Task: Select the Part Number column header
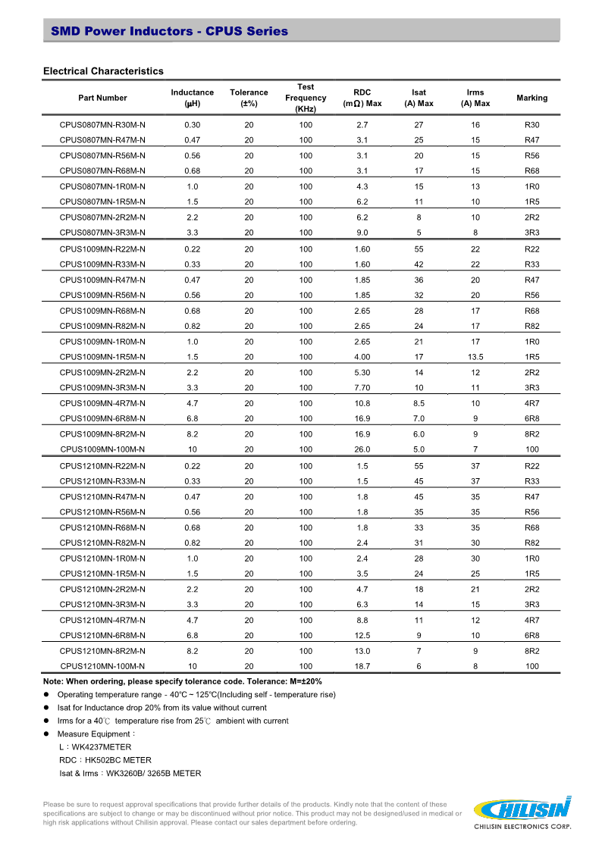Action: pos(102,98)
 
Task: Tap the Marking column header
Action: pos(531,98)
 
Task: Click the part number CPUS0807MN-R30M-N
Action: pos(102,125)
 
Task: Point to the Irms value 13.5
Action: pos(475,357)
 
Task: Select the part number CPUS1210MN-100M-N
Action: pos(102,667)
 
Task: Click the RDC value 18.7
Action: pos(362,667)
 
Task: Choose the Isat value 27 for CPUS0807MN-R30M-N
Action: pos(419,125)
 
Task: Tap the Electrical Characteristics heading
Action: pos(103,71)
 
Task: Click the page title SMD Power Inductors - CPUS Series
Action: pos(169,31)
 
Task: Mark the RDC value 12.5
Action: pos(362,636)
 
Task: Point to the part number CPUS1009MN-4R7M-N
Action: pos(102,404)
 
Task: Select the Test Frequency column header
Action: pos(306,98)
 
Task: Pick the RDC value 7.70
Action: pos(362,388)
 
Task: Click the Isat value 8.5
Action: pos(419,404)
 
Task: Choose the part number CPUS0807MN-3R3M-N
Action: pos(102,233)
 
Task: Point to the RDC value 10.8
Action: pos(362,404)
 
